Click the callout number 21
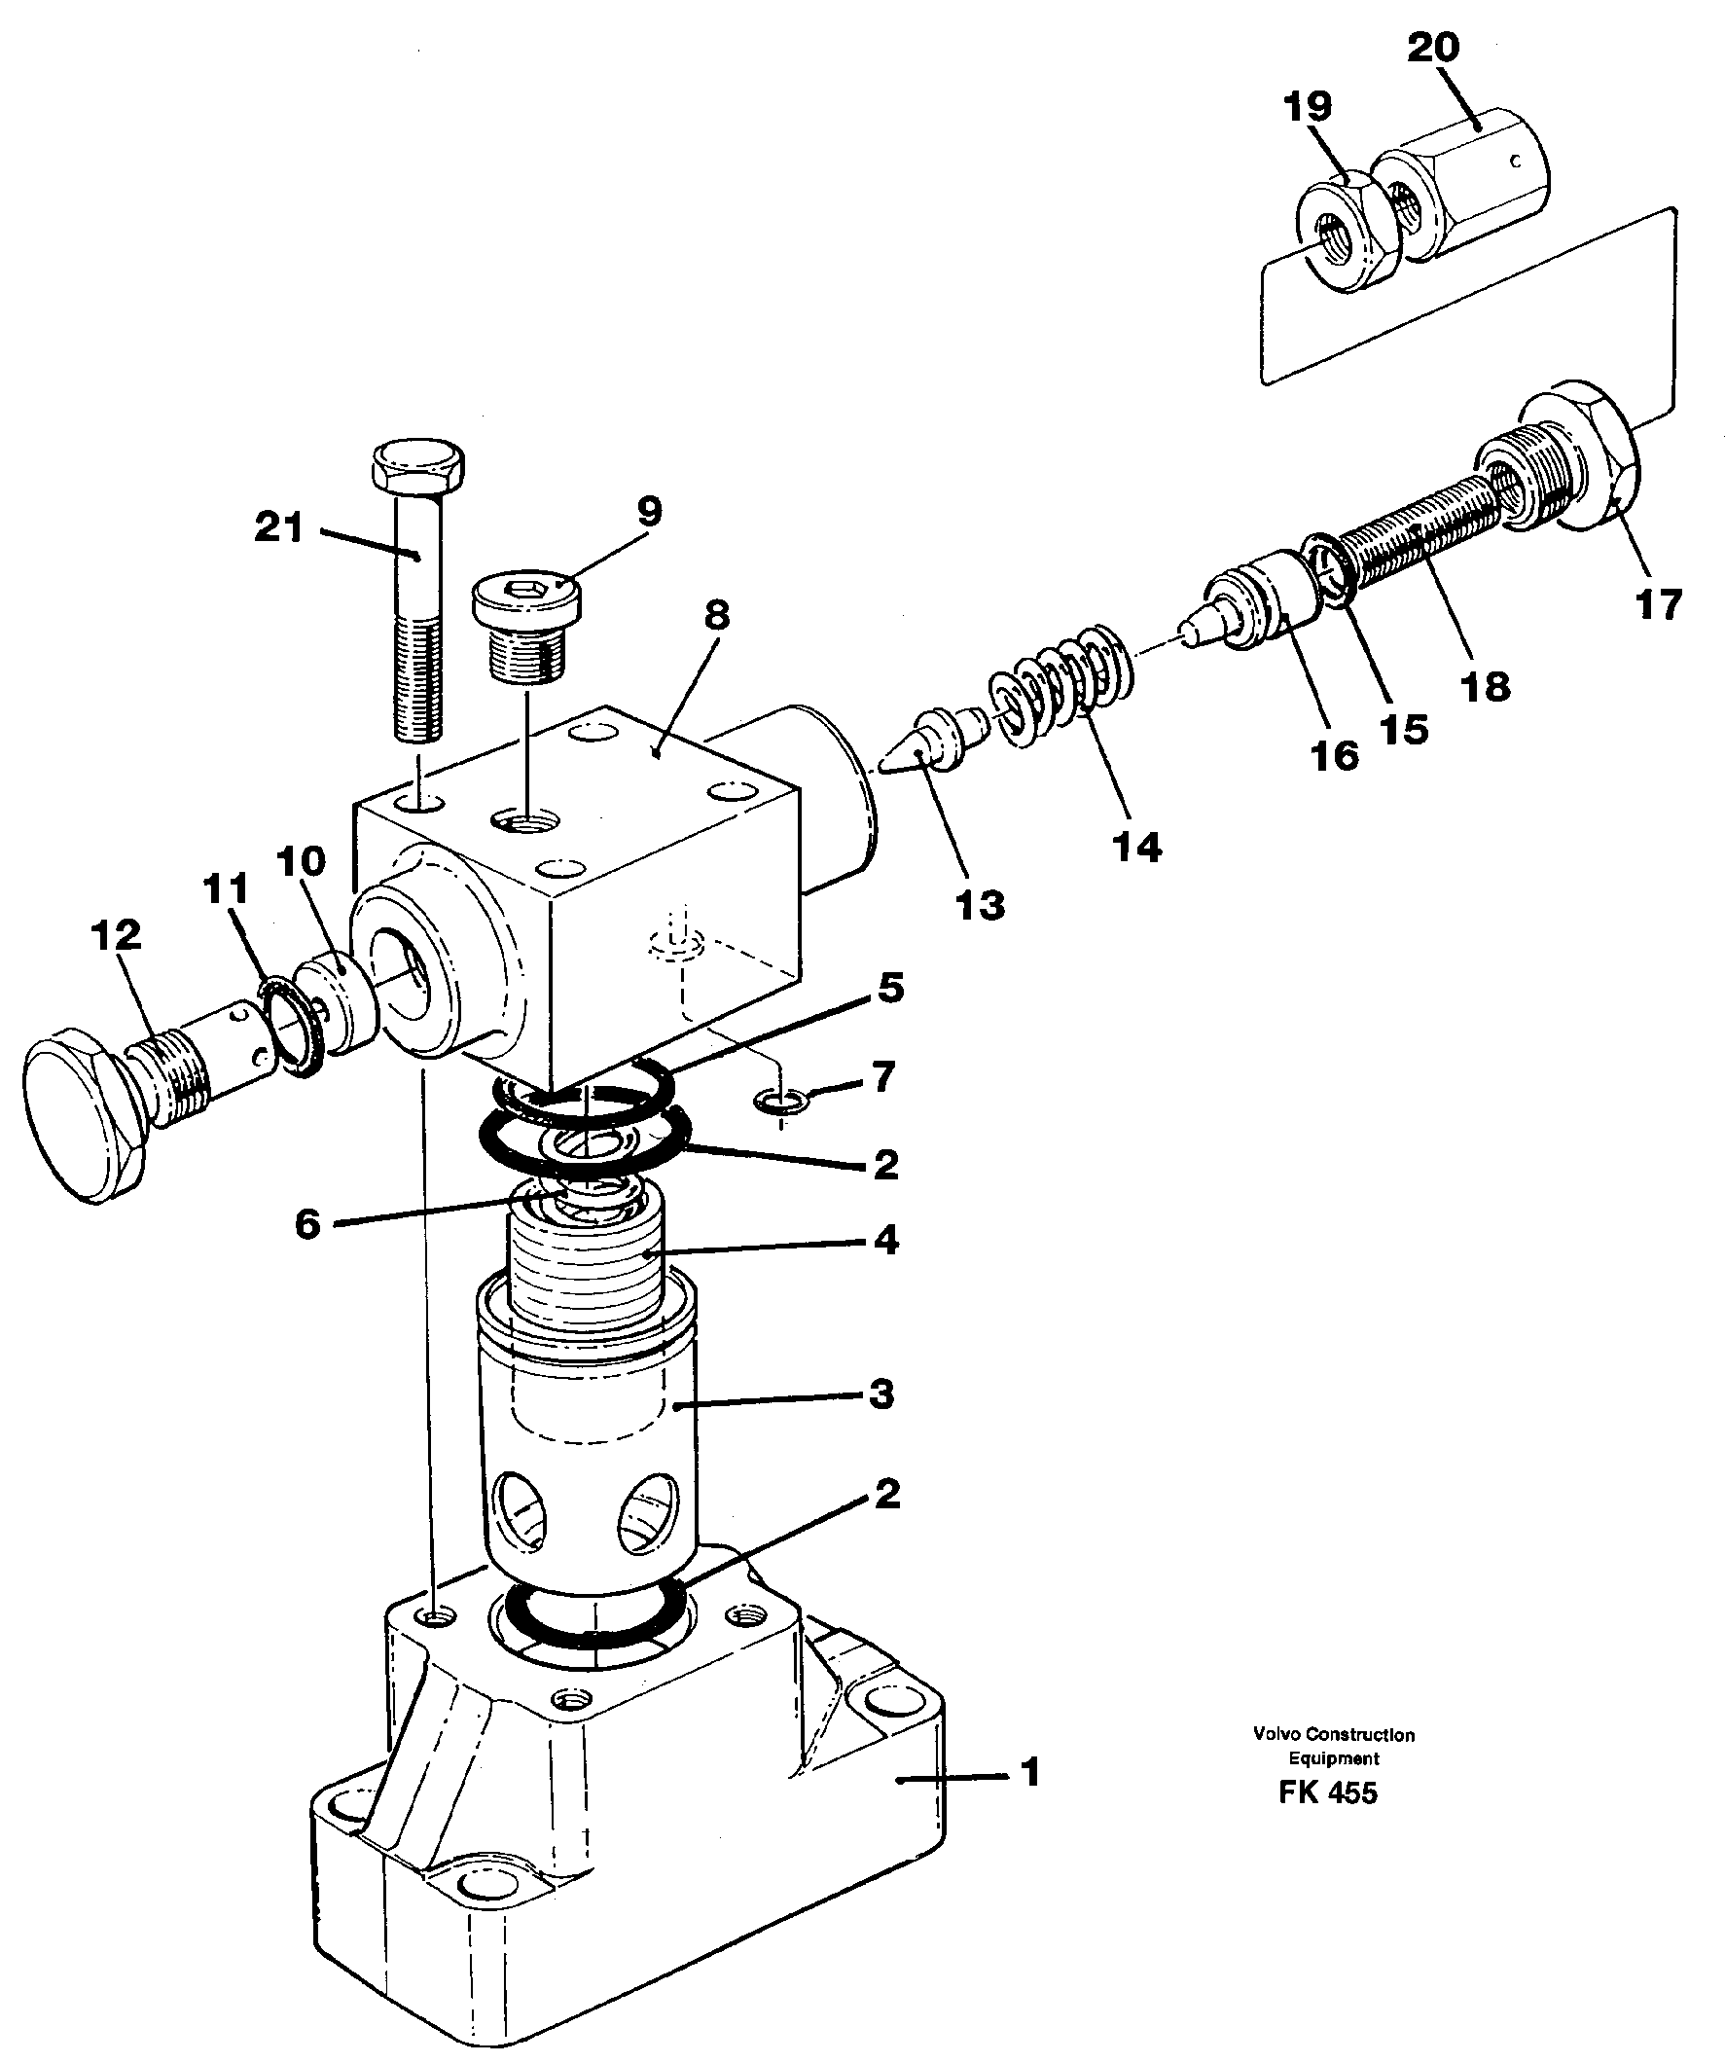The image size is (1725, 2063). coord(279,528)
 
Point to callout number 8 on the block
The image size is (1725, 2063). coord(716,616)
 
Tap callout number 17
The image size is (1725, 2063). coord(1659,603)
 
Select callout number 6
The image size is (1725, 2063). coord(307,1224)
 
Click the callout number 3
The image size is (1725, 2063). coord(881,1393)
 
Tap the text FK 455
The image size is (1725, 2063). coord(1327,1792)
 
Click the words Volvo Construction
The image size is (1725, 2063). coord(1333,1735)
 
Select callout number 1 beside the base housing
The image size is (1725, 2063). coord(1029,1773)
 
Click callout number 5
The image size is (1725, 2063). coord(890,989)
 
